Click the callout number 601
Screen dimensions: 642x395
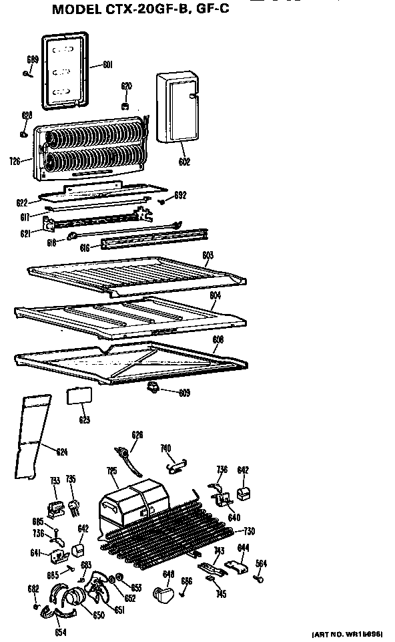tap(107, 65)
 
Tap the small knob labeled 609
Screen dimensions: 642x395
tap(154, 387)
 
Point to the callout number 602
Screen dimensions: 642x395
tap(185, 161)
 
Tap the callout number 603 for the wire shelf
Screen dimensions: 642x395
tap(208, 255)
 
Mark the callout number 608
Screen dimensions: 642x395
tap(218, 339)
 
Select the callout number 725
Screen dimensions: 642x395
tap(112, 471)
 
